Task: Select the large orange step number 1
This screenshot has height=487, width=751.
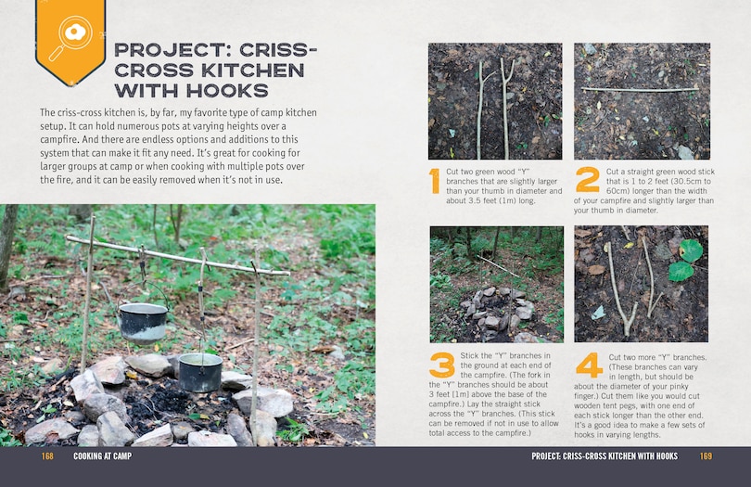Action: tap(434, 181)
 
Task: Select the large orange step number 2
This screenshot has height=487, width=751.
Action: tap(587, 179)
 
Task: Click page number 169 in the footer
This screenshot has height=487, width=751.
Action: tap(706, 456)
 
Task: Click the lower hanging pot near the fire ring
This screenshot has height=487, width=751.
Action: tap(199, 371)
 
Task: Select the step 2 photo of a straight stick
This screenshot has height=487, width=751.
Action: tap(641, 100)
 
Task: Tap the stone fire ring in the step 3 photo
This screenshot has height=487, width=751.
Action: tap(495, 312)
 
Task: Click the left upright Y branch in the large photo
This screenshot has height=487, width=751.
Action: tap(88, 288)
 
